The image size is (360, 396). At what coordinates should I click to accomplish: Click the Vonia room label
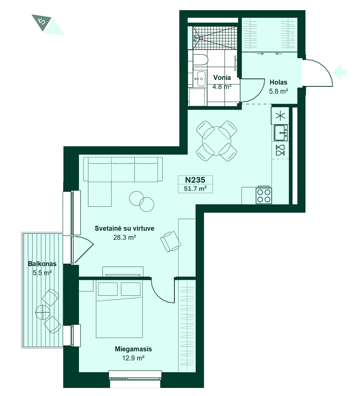pyautogui.click(x=222, y=77)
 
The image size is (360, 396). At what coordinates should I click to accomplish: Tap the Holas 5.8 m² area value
pyautogui.click(x=278, y=91)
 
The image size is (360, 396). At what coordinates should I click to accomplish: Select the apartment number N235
pyautogui.click(x=195, y=180)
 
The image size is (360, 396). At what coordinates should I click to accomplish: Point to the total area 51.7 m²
pyautogui.click(x=195, y=188)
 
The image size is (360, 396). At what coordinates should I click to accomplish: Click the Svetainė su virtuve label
pyautogui.click(x=124, y=228)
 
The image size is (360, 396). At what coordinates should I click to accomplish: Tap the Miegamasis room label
pyautogui.click(x=134, y=349)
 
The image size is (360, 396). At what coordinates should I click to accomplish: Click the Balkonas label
pyautogui.click(x=42, y=264)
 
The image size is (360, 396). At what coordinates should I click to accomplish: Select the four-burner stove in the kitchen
pyautogui.click(x=264, y=195)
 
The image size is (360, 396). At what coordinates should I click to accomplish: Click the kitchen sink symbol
pyautogui.click(x=281, y=132)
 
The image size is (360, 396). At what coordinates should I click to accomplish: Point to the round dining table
pyautogui.click(x=216, y=141)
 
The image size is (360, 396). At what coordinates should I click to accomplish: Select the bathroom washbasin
pyautogui.click(x=201, y=78)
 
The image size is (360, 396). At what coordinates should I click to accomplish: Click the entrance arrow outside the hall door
pyautogui.click(x=340, y=72)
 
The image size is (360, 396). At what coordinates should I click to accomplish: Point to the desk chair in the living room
pyautogui.click(x=171, y=241)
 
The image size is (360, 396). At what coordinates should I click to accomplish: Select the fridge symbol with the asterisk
pyautogui.click(x=280, y=116)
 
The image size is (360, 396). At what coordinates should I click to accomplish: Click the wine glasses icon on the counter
pyautogui.click(x=280, y=150)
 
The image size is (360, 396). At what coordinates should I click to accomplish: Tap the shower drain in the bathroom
pyautogui.click(x=201, y=38)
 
